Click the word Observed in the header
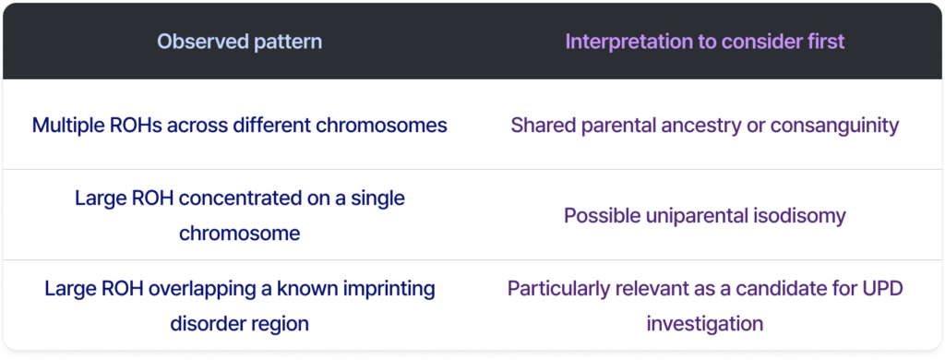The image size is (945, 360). (197, 42)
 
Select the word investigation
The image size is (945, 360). (705, 324)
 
